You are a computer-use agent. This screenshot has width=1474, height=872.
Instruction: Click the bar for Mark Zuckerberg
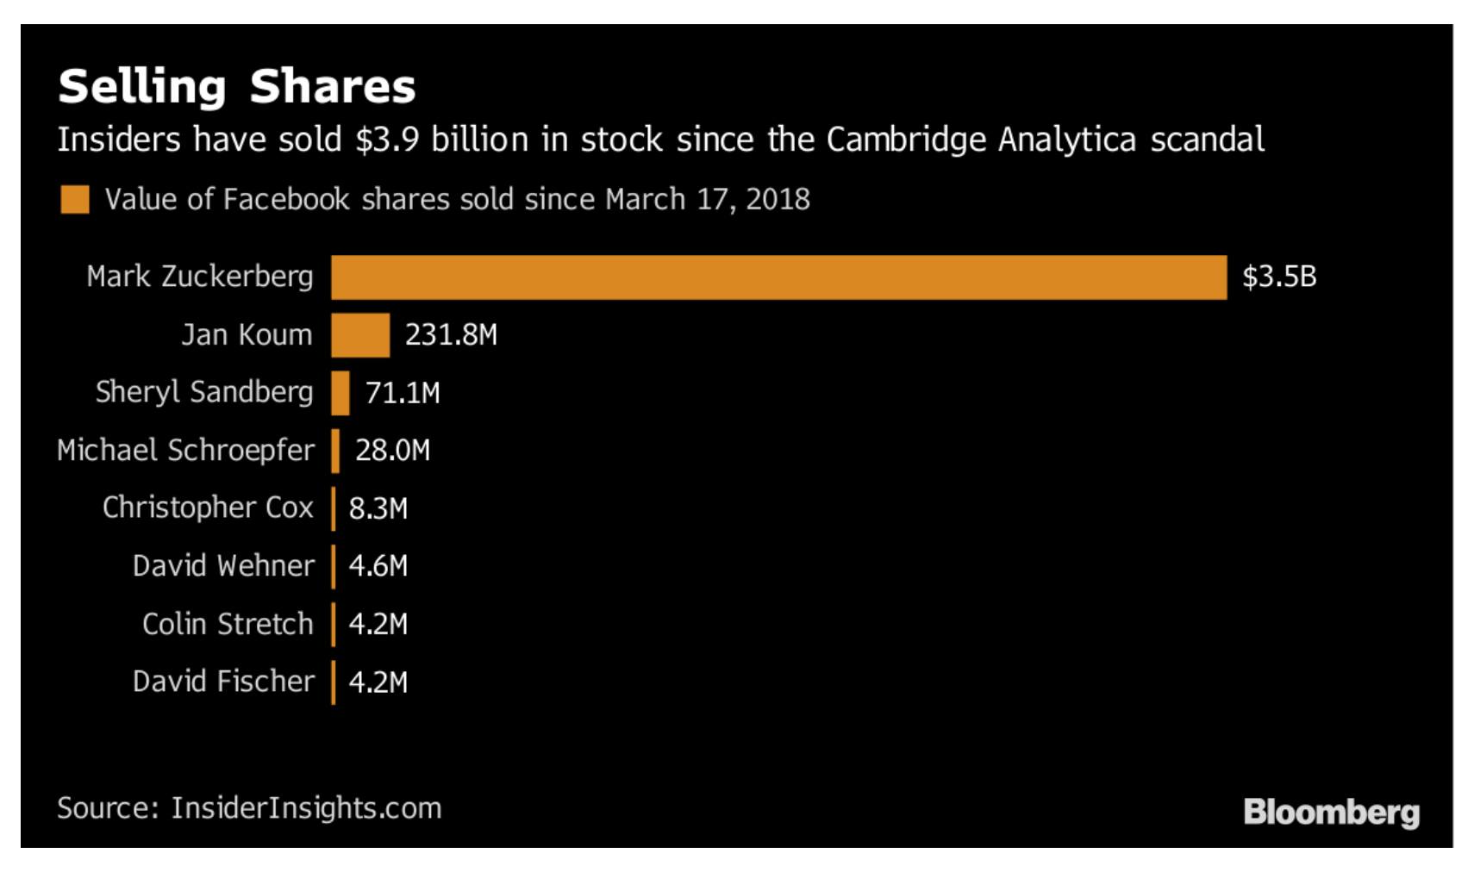click(x=778, y=277)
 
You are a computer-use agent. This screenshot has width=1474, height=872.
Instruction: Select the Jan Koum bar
click(x=360, y=335)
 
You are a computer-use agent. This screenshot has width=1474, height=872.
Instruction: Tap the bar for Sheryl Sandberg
click(x=340, y=393)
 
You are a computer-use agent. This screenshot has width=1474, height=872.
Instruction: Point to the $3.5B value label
click(x=1279, y=277)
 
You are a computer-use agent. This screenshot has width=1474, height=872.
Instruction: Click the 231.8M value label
click(x=451, y=334)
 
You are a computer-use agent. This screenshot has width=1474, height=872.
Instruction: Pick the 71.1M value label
click(x=403, y=393)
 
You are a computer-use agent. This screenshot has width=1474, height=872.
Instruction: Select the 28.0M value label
click(x=392, y=450)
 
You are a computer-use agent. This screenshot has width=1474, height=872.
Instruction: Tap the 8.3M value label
click(x=378, y=508)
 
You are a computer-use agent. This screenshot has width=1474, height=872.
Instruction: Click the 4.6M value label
click(x=378, y=566)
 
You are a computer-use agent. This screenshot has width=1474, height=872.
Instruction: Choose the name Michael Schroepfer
click(x=185, y=450)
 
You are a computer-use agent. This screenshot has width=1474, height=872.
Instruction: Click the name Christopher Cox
click(x=208, y=508)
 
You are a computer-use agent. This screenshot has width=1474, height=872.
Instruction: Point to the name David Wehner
click(x=223, y=565)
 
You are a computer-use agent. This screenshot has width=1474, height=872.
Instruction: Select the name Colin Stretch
click(x=228, y=623)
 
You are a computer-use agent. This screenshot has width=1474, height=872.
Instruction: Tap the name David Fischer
click(x=223, y=681)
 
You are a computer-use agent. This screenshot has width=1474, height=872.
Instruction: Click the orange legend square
click(x=75, y=199)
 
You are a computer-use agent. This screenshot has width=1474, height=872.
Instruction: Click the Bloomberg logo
click(x=1331, y=812)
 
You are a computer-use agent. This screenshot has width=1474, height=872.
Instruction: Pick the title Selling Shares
click(x=237, y=86)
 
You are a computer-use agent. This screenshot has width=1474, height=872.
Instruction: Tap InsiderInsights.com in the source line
click(x=306, y=808)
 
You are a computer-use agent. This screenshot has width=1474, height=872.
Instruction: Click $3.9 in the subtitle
click(x=387, y=140)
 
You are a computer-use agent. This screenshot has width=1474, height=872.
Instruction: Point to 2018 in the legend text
click(x=778, y=199)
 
